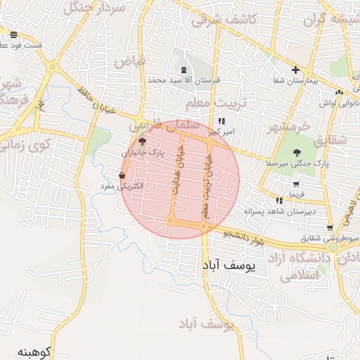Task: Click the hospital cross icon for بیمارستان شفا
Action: coord(296,70)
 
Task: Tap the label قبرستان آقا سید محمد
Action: coord(184,80)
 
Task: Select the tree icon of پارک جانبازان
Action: coord(143,141)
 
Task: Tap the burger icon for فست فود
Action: coord(14,34)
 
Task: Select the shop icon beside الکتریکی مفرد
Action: coord(123,176)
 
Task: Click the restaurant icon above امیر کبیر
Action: coord(222,121)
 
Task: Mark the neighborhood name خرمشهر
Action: coord(289,127)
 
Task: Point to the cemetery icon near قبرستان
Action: coord(184,69)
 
